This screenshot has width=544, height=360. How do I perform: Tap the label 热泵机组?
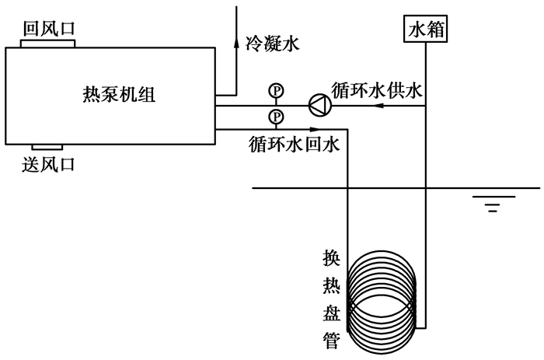(x=119, y=94)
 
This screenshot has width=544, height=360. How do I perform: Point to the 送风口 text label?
(x=49, y=164)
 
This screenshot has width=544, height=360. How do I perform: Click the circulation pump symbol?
(x=318, y=104)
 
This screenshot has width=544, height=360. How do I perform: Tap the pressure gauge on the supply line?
(x=275, y=91)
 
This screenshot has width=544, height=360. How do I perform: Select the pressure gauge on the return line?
(x=275, y=117)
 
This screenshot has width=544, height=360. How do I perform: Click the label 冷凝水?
(x=272, y=45)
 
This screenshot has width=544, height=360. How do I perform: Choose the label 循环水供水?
(x=376, y=91)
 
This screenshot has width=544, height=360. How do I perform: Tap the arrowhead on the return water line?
(x=236, y=130)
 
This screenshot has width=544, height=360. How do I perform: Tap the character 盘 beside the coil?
(x=331, y=312)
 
